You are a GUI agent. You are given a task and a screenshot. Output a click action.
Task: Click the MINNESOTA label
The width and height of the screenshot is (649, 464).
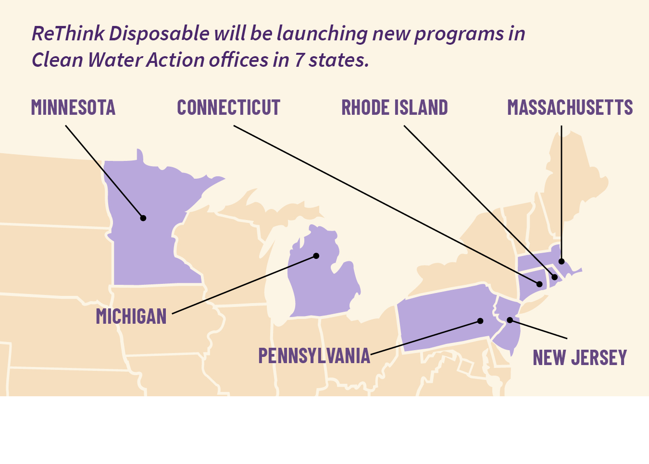73,108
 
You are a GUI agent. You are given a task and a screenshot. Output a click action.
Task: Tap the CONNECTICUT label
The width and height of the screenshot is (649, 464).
228,108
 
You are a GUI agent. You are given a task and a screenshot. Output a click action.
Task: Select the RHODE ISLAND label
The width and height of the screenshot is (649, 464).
394,108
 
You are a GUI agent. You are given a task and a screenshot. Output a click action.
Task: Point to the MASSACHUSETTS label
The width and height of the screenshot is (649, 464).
570,108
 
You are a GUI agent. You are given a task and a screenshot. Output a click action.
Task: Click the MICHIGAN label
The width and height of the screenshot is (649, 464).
131,317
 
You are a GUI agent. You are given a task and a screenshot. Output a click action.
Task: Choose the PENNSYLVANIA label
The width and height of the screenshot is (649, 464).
314,356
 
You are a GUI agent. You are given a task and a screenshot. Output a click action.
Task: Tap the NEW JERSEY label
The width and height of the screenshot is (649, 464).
580,358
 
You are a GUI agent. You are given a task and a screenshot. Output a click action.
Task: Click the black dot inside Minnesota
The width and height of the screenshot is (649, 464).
143,218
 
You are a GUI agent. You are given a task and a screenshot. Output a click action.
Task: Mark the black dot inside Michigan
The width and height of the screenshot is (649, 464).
316,256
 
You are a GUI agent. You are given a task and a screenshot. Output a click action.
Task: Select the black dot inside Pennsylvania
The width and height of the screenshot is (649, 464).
480,321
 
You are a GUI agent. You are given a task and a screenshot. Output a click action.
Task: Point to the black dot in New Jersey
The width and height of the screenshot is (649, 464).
510,320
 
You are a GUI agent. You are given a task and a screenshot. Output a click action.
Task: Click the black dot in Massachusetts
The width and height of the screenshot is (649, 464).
561,261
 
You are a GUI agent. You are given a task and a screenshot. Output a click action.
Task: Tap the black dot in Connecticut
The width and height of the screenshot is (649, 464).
539,284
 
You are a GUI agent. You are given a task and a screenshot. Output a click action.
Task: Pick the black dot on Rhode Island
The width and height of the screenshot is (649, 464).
554,277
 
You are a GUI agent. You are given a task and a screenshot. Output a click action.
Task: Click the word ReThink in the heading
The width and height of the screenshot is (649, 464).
68,34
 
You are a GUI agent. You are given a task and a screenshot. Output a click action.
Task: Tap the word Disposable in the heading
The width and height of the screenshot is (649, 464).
159,34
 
